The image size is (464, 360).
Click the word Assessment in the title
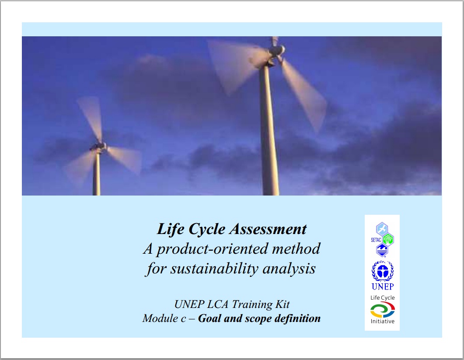pyautogui.click(x=269, y=229)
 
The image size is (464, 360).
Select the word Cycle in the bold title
pyautogui.click(x=207, y=229)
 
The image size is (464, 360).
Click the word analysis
pyautogui.click(x=289, y=269)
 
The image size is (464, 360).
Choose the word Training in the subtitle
pyautogui.click(x=252, y=304)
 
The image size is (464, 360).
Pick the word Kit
pyautogui.click(x=283, y=304)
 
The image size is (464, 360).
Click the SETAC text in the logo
pyautogui.click(x=376, y=240)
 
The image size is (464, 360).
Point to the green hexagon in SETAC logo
pyautogui.click(x=388, y=239)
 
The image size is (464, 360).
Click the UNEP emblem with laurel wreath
pyautogui.click(x=383, y=271)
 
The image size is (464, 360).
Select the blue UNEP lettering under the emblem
pyautogui.click(x=383, y=287)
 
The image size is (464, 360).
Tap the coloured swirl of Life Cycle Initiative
pyautogui.click(x=382, y=310)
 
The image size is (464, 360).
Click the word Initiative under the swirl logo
pyautogui.click(x=383, y=321)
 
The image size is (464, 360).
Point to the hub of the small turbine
pyautogui.click(x=98, y=146)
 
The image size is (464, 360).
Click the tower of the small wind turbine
pyautogui.click(x=97, y=173)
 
